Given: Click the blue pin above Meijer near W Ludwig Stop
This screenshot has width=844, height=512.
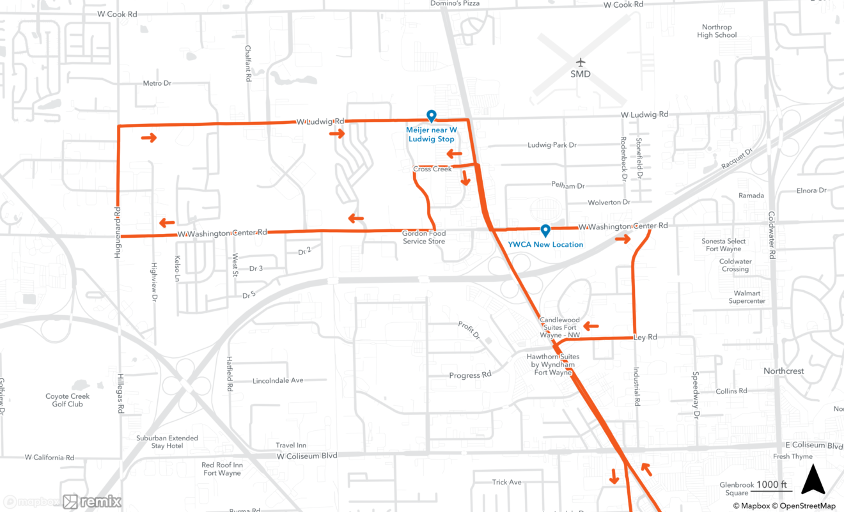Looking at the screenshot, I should [x=432, y=116].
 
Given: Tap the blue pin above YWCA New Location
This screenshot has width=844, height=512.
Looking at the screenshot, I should [x=545, y=230].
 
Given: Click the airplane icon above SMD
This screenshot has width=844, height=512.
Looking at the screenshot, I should [x=580, y=63].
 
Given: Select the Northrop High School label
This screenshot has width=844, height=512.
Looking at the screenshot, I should [x=717, y=31].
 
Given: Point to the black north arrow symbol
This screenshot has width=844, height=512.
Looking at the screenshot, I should [x=813, y=479].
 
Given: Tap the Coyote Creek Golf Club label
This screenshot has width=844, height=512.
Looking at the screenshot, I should [x=68, y=400].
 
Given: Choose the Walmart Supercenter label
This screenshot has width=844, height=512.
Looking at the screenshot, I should [x=747, y=297].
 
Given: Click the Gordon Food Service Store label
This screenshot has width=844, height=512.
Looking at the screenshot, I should [x=424, y=237].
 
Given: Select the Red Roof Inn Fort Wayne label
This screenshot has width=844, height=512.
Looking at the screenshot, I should [x=222, y=469].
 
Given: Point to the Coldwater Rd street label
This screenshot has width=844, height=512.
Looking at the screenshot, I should [x=772, y=235].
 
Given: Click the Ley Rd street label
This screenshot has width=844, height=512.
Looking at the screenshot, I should [x=645, y=337].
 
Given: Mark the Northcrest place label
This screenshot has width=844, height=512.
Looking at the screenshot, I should [x=783, y=371].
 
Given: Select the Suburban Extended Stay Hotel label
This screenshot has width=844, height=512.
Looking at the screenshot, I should [x=168, y=442].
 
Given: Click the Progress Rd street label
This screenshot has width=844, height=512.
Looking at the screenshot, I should [x=470, y=375].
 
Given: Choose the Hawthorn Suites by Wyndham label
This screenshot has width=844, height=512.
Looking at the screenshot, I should [x=553, y=364].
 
